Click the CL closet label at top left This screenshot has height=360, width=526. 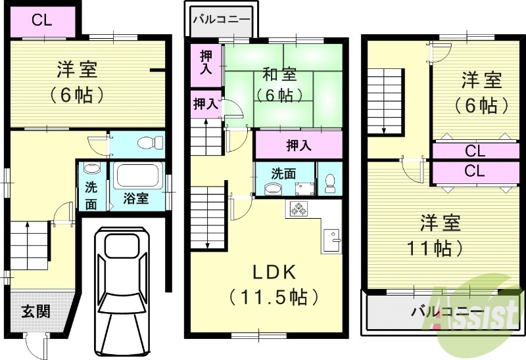click(41, 20)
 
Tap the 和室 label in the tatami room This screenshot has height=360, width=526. click(281, 73)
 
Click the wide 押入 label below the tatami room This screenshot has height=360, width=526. click(299, 145)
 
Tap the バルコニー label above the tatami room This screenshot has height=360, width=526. click(221, 19)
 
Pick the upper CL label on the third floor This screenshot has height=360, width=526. click(475, 151)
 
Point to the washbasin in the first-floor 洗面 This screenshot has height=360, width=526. click(91, 169)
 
